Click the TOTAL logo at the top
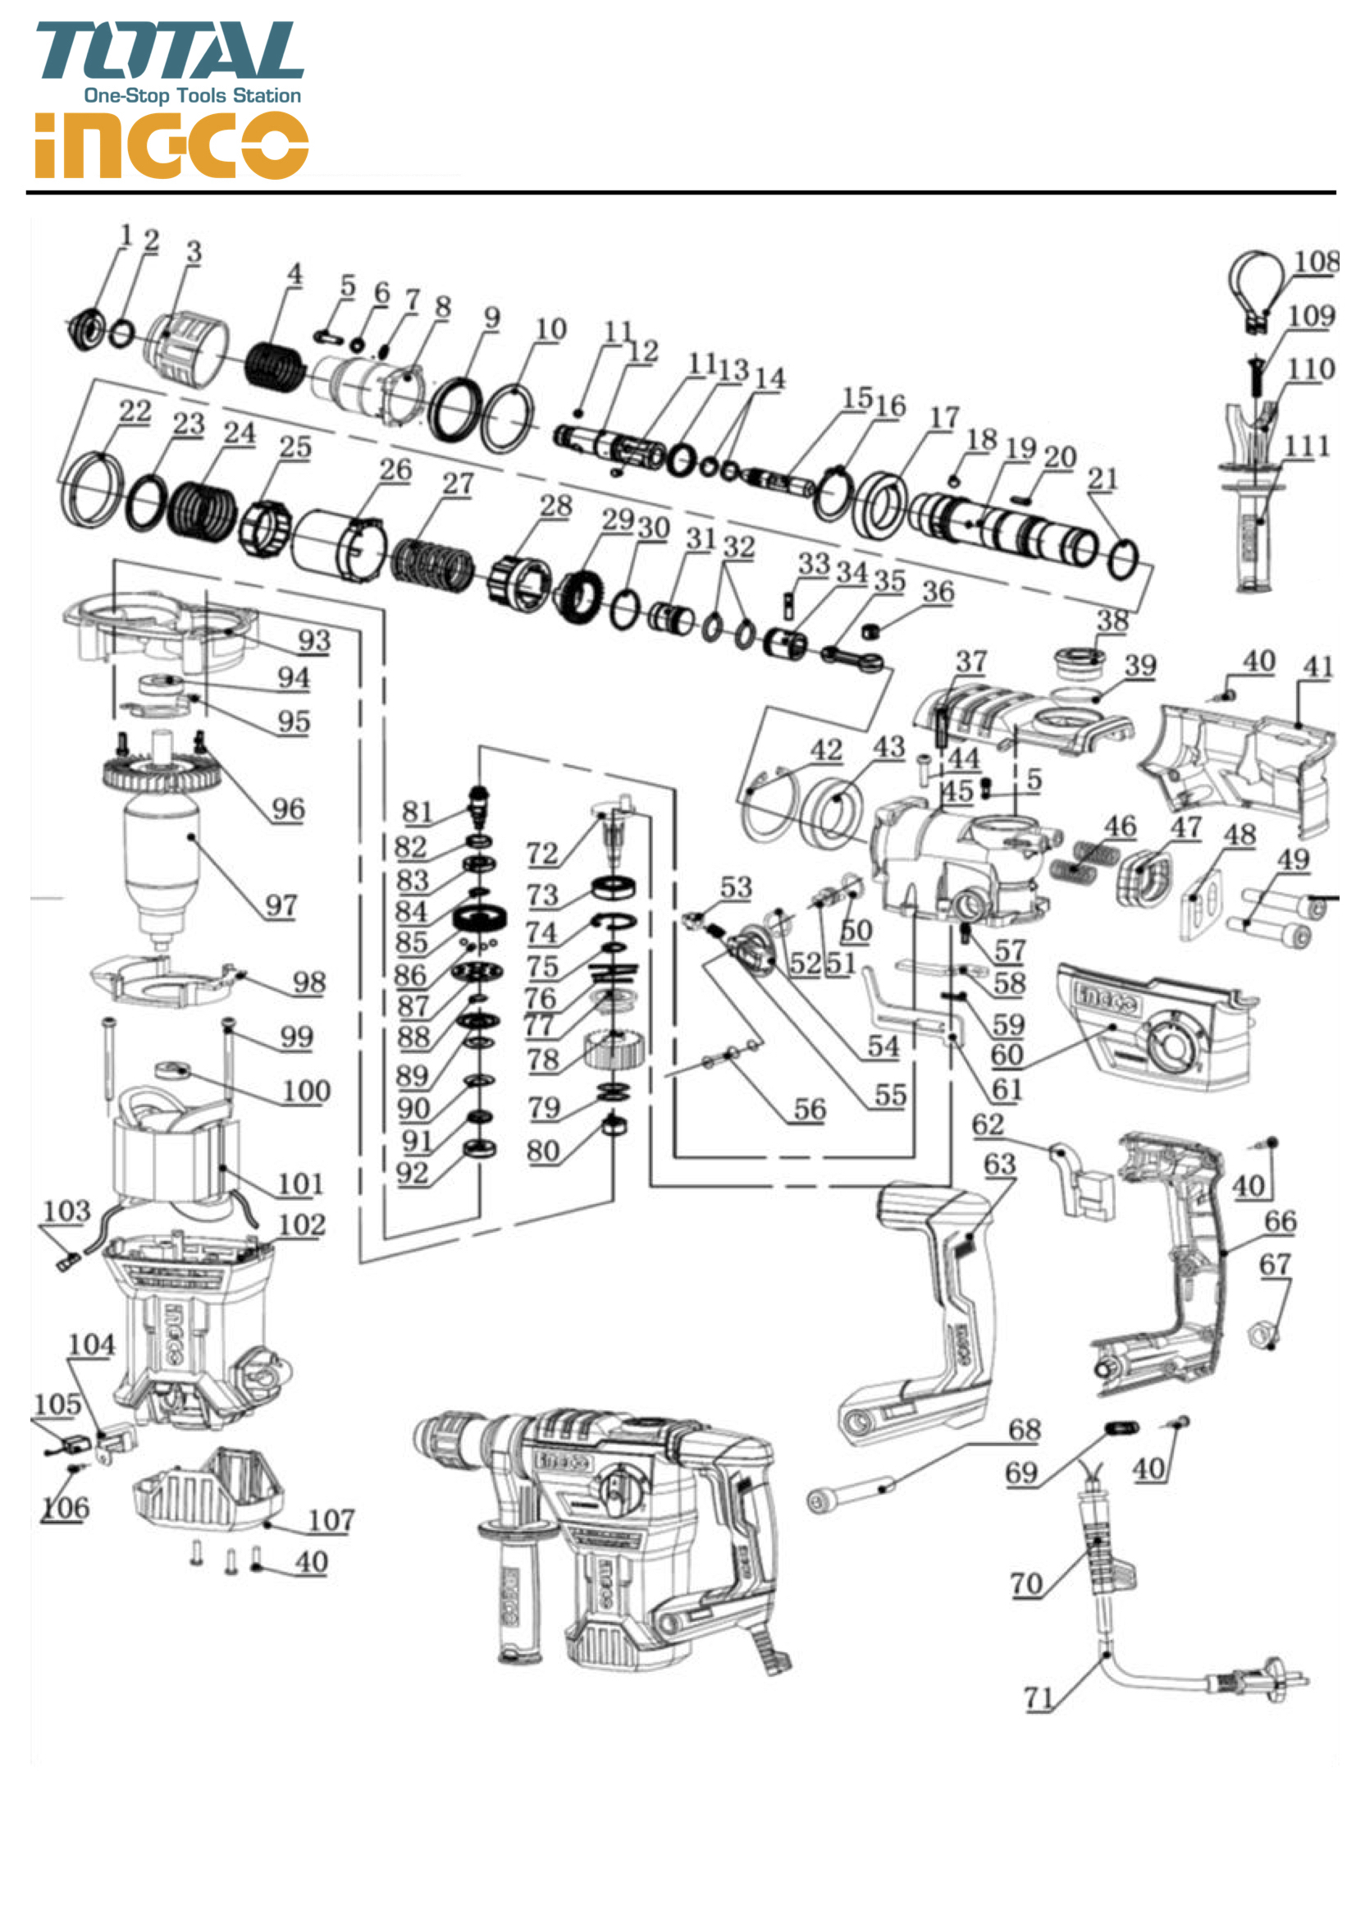[170, 51]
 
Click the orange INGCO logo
[171, 145]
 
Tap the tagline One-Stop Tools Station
[192, 96]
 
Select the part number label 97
[281, 905]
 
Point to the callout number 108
[1316, 263]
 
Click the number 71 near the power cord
[1039, 1697]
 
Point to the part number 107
[331, 1519]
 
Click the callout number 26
[395, 469]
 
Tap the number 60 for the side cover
[1007, 1056]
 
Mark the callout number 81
[417, 812]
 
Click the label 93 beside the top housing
[314, 640]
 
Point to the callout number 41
[1317, 666]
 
